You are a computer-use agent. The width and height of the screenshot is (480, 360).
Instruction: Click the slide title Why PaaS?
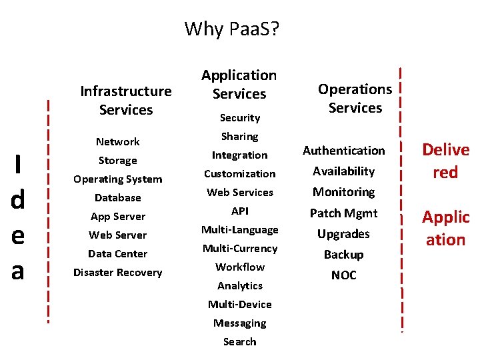coord(232,29)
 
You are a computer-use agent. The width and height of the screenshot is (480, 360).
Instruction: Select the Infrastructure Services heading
coord(125,100)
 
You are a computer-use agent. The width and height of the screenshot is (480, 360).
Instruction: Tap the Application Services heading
coord(239,85)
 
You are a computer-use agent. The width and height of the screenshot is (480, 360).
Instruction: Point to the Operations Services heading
coord(355,98)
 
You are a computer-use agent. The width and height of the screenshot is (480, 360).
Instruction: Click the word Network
coord(117,141)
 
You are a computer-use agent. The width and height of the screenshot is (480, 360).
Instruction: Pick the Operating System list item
coord(117,179)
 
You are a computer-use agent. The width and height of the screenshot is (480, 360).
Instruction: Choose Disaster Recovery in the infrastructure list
coord(117,272)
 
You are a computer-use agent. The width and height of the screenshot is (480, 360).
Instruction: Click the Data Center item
coord(117,253)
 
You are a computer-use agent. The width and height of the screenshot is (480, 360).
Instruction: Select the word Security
coord(239,117)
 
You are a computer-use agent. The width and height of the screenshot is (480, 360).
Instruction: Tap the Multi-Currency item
coord(239,248)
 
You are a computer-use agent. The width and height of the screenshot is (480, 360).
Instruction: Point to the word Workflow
coord(239,267)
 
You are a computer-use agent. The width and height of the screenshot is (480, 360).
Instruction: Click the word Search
coord(239,341)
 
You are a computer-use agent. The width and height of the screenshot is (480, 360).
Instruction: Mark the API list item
coord(239,211)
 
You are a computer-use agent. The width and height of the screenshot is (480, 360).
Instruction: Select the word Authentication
coord(343,151)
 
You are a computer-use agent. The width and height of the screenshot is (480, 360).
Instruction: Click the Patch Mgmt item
coord(343,213)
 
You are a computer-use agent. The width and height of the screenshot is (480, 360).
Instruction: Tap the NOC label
coord(343,275)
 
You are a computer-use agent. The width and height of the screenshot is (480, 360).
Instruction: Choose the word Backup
coord(343,254)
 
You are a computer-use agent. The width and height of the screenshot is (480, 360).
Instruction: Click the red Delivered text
coord(445,161)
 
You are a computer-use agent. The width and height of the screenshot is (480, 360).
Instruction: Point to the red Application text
coord(445,227)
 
